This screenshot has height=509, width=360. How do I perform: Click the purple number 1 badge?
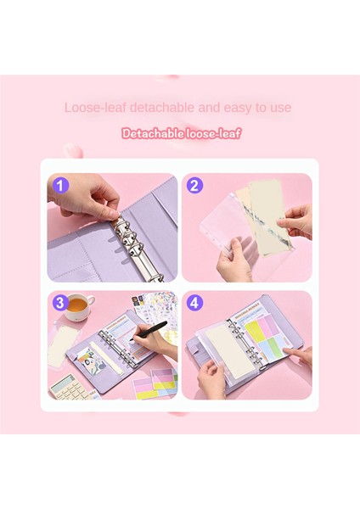pos(59,185)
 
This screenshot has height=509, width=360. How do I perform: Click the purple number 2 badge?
pos(194,185)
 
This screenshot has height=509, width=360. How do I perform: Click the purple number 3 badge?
pos(59,302)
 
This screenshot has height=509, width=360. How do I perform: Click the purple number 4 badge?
pos(194,302)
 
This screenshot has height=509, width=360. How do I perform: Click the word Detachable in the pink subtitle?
pos(155,133)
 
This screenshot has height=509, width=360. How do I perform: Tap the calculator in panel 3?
pos(72,389)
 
